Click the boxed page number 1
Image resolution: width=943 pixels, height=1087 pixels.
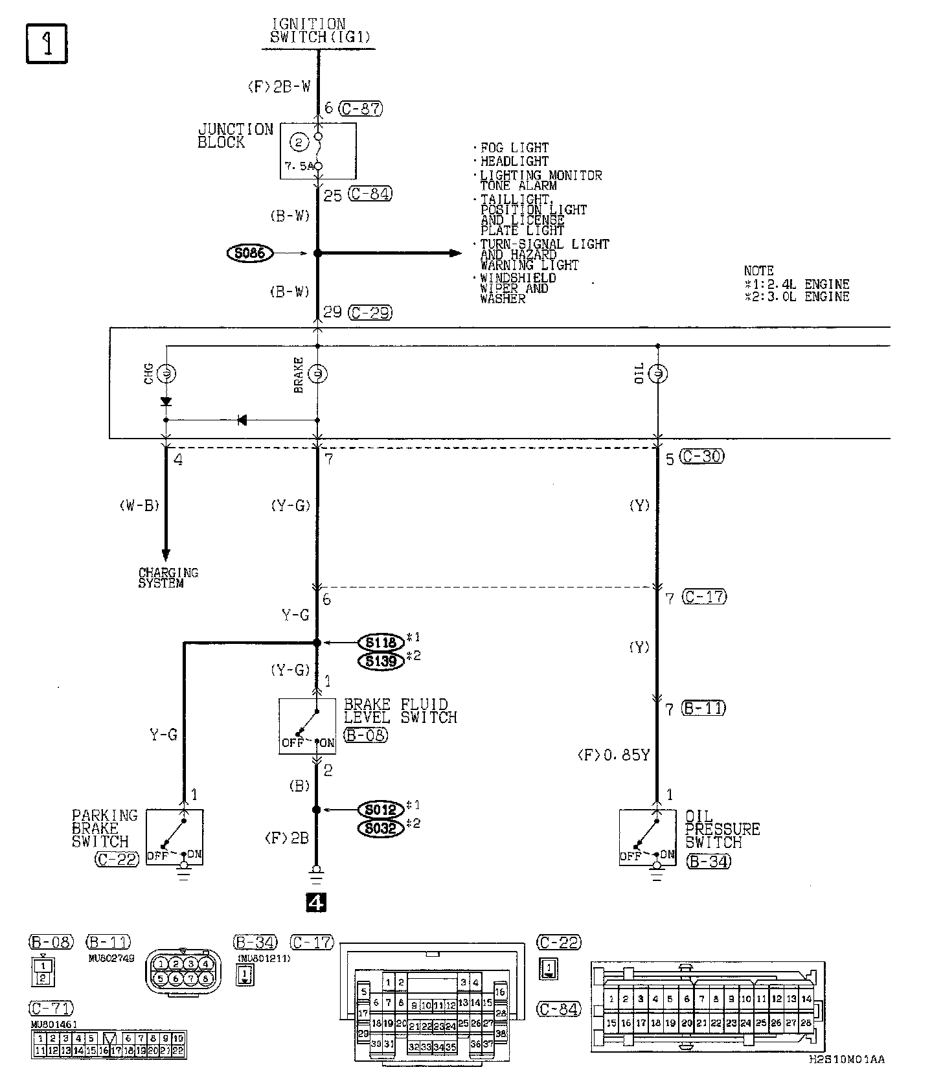(x=47, y=44)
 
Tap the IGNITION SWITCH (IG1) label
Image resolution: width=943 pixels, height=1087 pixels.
(x=320, y=31)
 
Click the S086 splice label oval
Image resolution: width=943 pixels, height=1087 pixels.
(x=250, y=253)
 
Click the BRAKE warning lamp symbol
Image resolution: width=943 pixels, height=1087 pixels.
(x=317, y=373)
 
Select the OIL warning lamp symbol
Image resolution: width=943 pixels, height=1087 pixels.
(x=657, y=373)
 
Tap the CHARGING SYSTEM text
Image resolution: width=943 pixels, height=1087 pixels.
(x=168, y=578)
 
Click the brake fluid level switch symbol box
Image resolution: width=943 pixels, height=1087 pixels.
(x=307, y=726)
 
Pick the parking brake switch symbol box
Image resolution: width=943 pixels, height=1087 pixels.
(x=175, y=836)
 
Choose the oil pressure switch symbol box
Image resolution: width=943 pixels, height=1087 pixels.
(x=647, y=837)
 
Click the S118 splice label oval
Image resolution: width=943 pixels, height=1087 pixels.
(x=380, y=643)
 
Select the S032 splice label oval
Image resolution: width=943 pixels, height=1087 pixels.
(x=380, y=828)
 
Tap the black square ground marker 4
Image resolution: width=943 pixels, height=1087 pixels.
(x=316, y=902)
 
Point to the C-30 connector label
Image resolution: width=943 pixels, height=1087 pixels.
(x=702, y=456)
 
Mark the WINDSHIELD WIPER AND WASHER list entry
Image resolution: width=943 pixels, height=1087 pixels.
(x=517, y=288)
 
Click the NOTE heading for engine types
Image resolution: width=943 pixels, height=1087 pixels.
(x=758, y=271)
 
